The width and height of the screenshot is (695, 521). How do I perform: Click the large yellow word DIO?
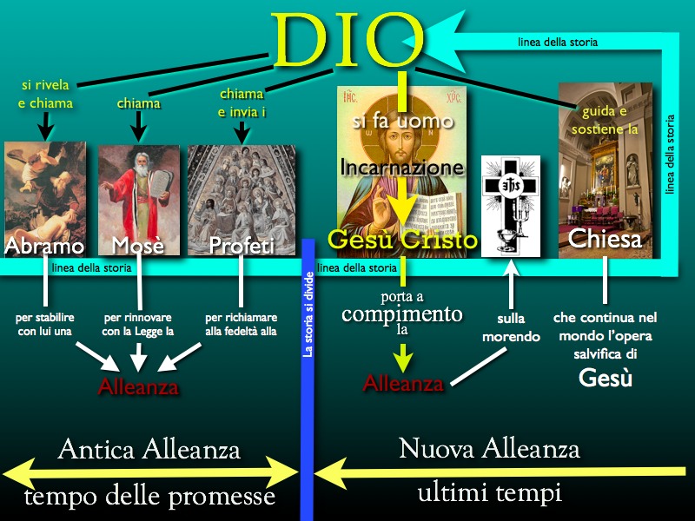click(347, 39)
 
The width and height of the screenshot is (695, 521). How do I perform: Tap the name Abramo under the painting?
click(44, 247)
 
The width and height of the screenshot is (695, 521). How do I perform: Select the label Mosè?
click(138, 246)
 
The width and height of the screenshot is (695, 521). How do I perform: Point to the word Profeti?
click(242, 246)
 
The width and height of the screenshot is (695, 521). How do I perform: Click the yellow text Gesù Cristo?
click(402, 240)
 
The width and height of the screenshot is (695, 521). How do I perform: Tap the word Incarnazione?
click(402, 168)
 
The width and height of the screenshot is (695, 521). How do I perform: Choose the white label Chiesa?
click(605, 239)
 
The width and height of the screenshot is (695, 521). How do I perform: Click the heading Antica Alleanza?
click(149, 449)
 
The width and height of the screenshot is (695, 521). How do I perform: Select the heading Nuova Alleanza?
click(489, 448)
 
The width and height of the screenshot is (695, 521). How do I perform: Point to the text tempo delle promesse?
click(149, 495)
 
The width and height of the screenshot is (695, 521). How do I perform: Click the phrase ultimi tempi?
click(490, 492)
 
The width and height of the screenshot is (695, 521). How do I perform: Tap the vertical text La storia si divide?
click(308, 314)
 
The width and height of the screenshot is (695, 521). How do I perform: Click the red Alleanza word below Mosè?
click(138, 386)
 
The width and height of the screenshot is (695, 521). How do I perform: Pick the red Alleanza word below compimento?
click(403, 383)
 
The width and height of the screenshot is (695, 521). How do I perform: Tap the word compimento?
click(402, 313)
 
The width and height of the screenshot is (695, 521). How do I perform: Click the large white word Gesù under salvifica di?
click(605, 378)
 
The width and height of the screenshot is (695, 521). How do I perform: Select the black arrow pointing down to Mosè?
click(138, 126)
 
